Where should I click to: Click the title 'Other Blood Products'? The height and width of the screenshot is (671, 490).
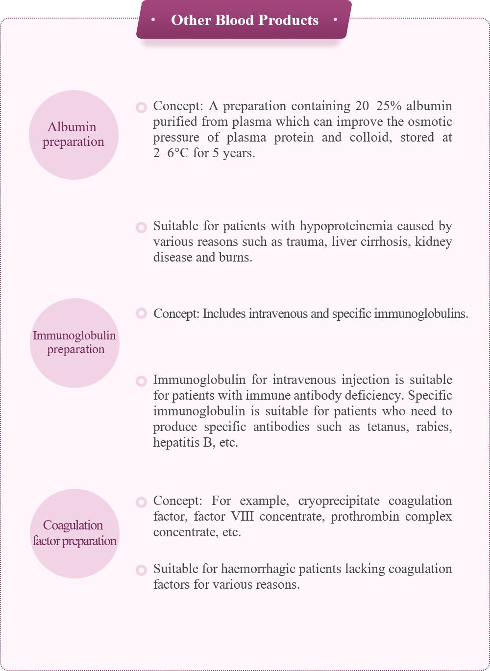(245, 20)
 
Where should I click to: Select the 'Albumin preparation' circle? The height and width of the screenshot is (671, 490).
(73, 135)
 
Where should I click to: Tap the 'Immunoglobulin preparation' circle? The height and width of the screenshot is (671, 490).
(74, 343)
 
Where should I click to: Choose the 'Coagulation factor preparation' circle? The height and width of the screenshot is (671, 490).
(74, 533)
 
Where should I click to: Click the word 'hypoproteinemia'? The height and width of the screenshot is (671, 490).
(346, 226)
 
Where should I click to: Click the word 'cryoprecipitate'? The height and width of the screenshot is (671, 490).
(339, 501)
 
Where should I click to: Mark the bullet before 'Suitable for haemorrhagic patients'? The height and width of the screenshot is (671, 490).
(141, 570)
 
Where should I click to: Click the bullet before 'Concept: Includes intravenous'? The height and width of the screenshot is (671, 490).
(141, 313)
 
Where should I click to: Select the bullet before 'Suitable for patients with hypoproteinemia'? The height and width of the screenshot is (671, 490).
(141, 227)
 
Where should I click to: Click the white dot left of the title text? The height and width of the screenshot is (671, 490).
(154, 20)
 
